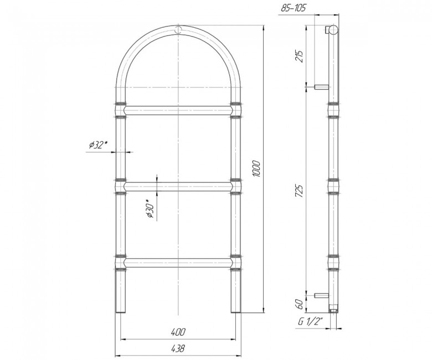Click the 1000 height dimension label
coord(256,168)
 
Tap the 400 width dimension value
coord(178,332)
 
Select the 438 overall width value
coord(178,348)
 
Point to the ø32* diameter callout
coord(98,145)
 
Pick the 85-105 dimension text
coord(293,8)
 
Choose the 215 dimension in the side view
coord(299,56)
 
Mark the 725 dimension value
coord(299,191)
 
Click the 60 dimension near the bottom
coord(300,304)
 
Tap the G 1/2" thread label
coord(310,322)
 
